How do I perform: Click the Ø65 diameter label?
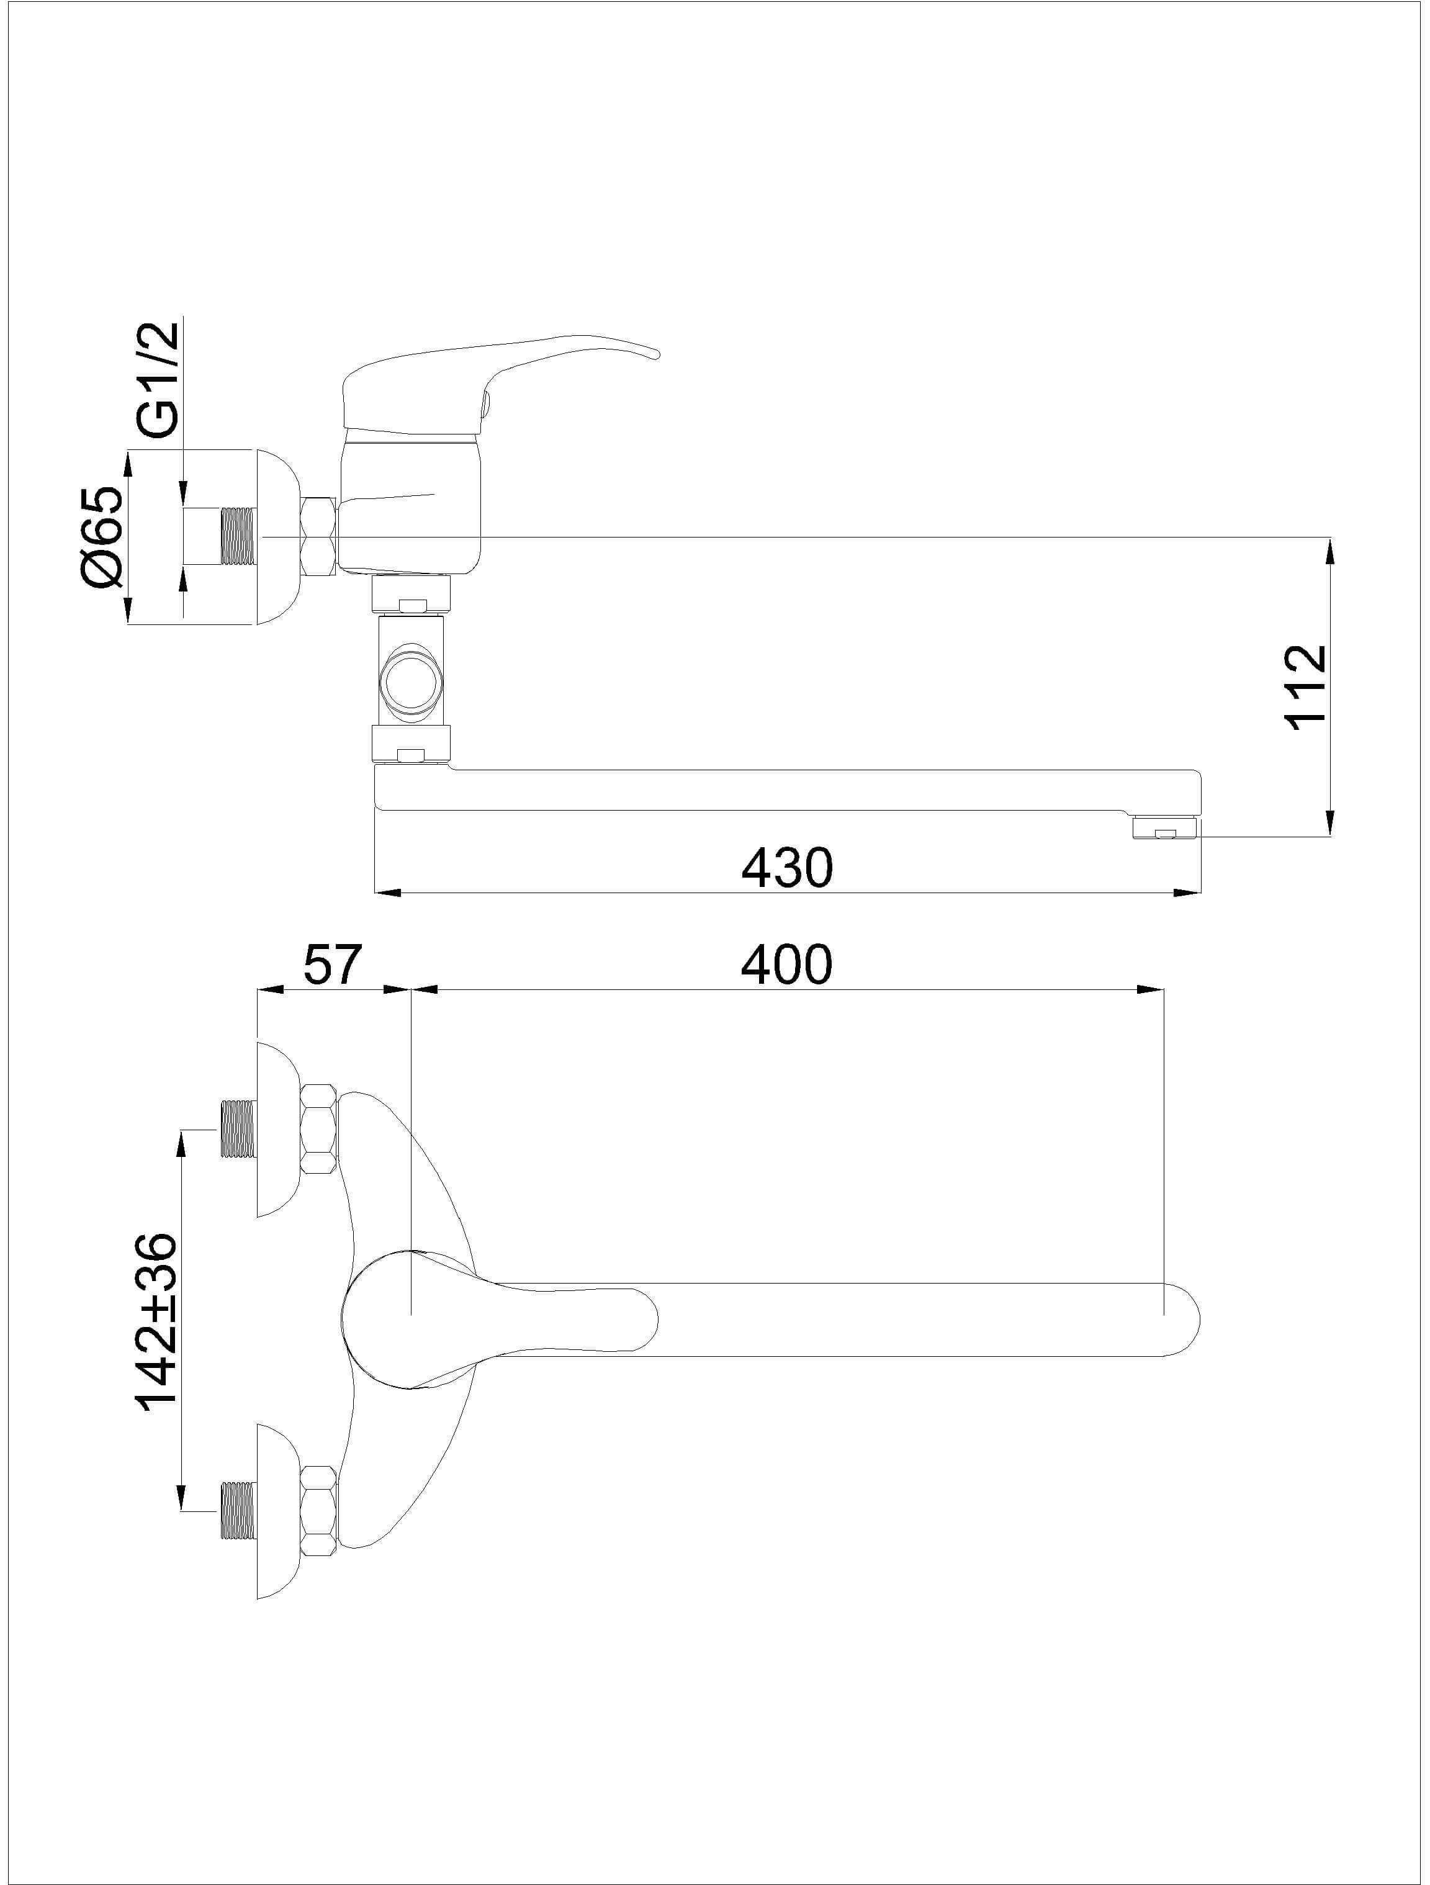point(103,537)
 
